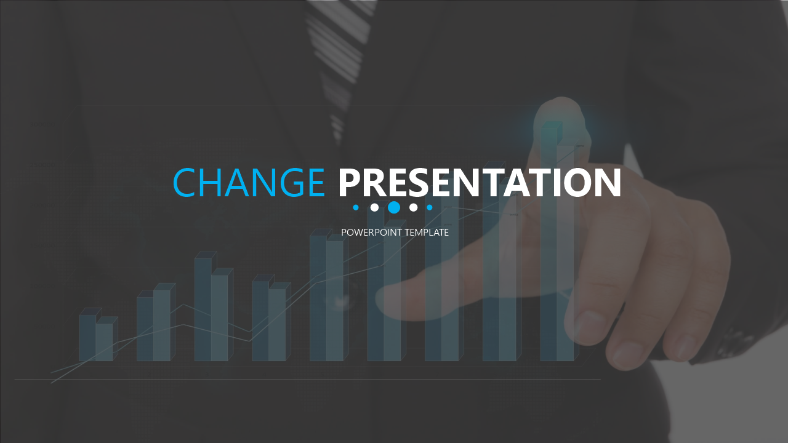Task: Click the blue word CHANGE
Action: (x=249, y=182)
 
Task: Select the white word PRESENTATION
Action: (x=480, y=182)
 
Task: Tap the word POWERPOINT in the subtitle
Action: (x=371, y=233)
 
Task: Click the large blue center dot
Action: (x=394, y=207)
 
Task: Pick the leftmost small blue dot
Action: (x=356, y=207)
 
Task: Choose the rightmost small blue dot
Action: (x=430, y=207)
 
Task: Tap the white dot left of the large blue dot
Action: (x=375, y=207)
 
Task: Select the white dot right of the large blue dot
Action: (x=413, y=207)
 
